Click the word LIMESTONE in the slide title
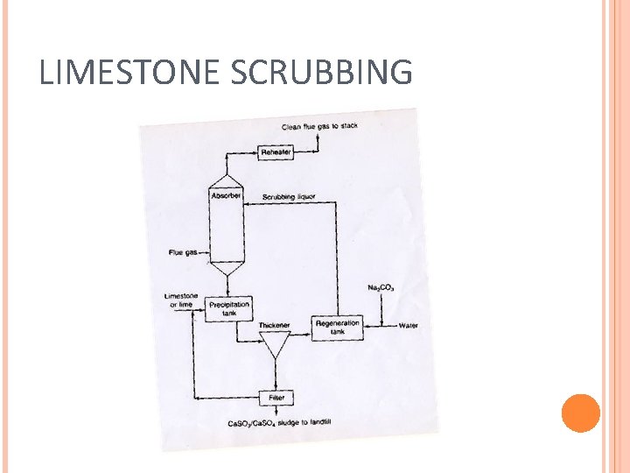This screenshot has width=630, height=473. coord(130,72)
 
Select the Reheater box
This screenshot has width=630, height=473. coord(276,152)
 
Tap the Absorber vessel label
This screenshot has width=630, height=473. coord(226,196)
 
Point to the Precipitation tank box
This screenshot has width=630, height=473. coord(229,308)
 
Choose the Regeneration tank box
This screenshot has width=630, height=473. coord(337,327)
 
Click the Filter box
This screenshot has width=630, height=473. coord(276,398)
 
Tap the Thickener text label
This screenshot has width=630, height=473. coord(273,325)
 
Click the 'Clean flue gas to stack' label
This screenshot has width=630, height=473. coord(319,127)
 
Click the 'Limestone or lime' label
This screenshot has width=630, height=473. coord(181,300)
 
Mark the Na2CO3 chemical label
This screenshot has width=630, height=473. coord(381,287)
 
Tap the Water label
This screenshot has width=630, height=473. coord(409,326)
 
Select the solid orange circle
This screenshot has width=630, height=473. coord(580,413)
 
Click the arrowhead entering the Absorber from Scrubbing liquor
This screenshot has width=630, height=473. coord(247,204)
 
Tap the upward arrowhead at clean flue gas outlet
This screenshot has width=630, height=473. coord(317,138)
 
